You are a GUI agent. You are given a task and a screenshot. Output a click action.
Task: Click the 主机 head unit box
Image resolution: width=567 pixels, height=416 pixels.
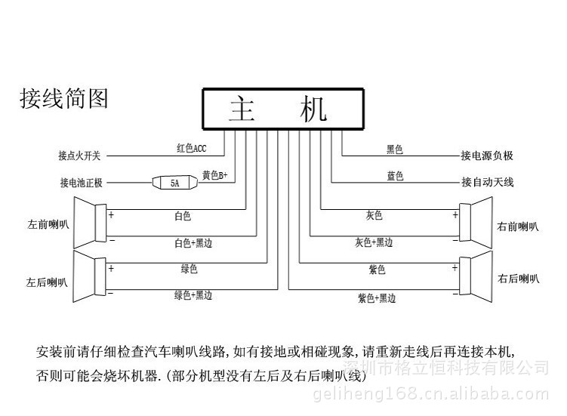pos(282,109)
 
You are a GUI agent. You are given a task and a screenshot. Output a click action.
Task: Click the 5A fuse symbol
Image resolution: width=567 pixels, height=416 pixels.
pos(174,183)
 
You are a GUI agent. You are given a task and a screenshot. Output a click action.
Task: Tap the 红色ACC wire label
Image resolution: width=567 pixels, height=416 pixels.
pos(191,149)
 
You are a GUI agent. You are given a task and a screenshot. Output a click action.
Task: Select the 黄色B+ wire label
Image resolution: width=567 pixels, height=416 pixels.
pos(214,175)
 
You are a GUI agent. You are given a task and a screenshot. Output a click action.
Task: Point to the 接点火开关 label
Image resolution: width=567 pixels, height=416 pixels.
pos(79,156)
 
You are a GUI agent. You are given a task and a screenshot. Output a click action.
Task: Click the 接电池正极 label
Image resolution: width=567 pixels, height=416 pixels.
pos(80,183)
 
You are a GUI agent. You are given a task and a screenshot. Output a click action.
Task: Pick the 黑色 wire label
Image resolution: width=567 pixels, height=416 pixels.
pos(395,149)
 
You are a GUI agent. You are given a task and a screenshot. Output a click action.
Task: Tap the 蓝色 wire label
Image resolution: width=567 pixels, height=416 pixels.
pos(395,176)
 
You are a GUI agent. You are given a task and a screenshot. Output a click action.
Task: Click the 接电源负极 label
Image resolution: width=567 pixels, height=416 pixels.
pos(487,156)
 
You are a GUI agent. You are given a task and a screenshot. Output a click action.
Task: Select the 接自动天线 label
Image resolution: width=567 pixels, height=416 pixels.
pos(487,183)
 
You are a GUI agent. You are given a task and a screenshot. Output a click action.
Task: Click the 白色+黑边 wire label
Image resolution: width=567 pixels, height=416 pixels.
pos(193,243)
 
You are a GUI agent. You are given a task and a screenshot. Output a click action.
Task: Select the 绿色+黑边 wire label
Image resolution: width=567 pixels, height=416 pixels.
pos(193,295)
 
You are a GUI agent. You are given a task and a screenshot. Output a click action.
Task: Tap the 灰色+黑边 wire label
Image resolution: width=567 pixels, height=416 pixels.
pos(374,243)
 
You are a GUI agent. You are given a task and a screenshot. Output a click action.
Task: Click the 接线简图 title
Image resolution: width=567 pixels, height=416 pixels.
pos(63,99)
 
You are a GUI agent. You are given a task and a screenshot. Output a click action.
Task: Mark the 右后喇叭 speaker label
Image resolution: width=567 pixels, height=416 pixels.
pos(518,279)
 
